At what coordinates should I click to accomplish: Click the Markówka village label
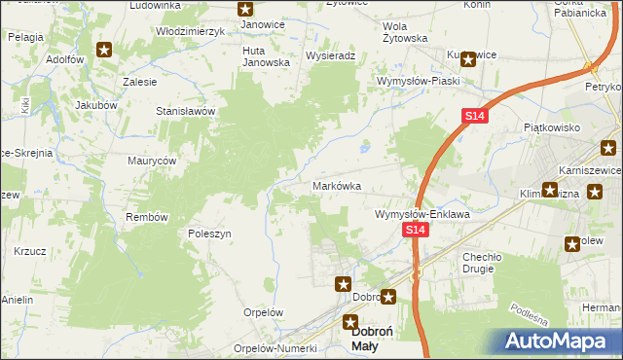337,186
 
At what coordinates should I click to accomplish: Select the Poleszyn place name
208,234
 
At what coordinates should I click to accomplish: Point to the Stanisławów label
185,111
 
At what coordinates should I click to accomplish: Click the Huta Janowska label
267,55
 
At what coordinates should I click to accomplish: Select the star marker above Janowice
245,10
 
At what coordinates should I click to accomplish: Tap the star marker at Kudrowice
468,58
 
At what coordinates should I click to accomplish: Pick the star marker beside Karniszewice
608,149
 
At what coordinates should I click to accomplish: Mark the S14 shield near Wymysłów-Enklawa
416,230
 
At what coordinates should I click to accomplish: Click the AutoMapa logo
562,342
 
